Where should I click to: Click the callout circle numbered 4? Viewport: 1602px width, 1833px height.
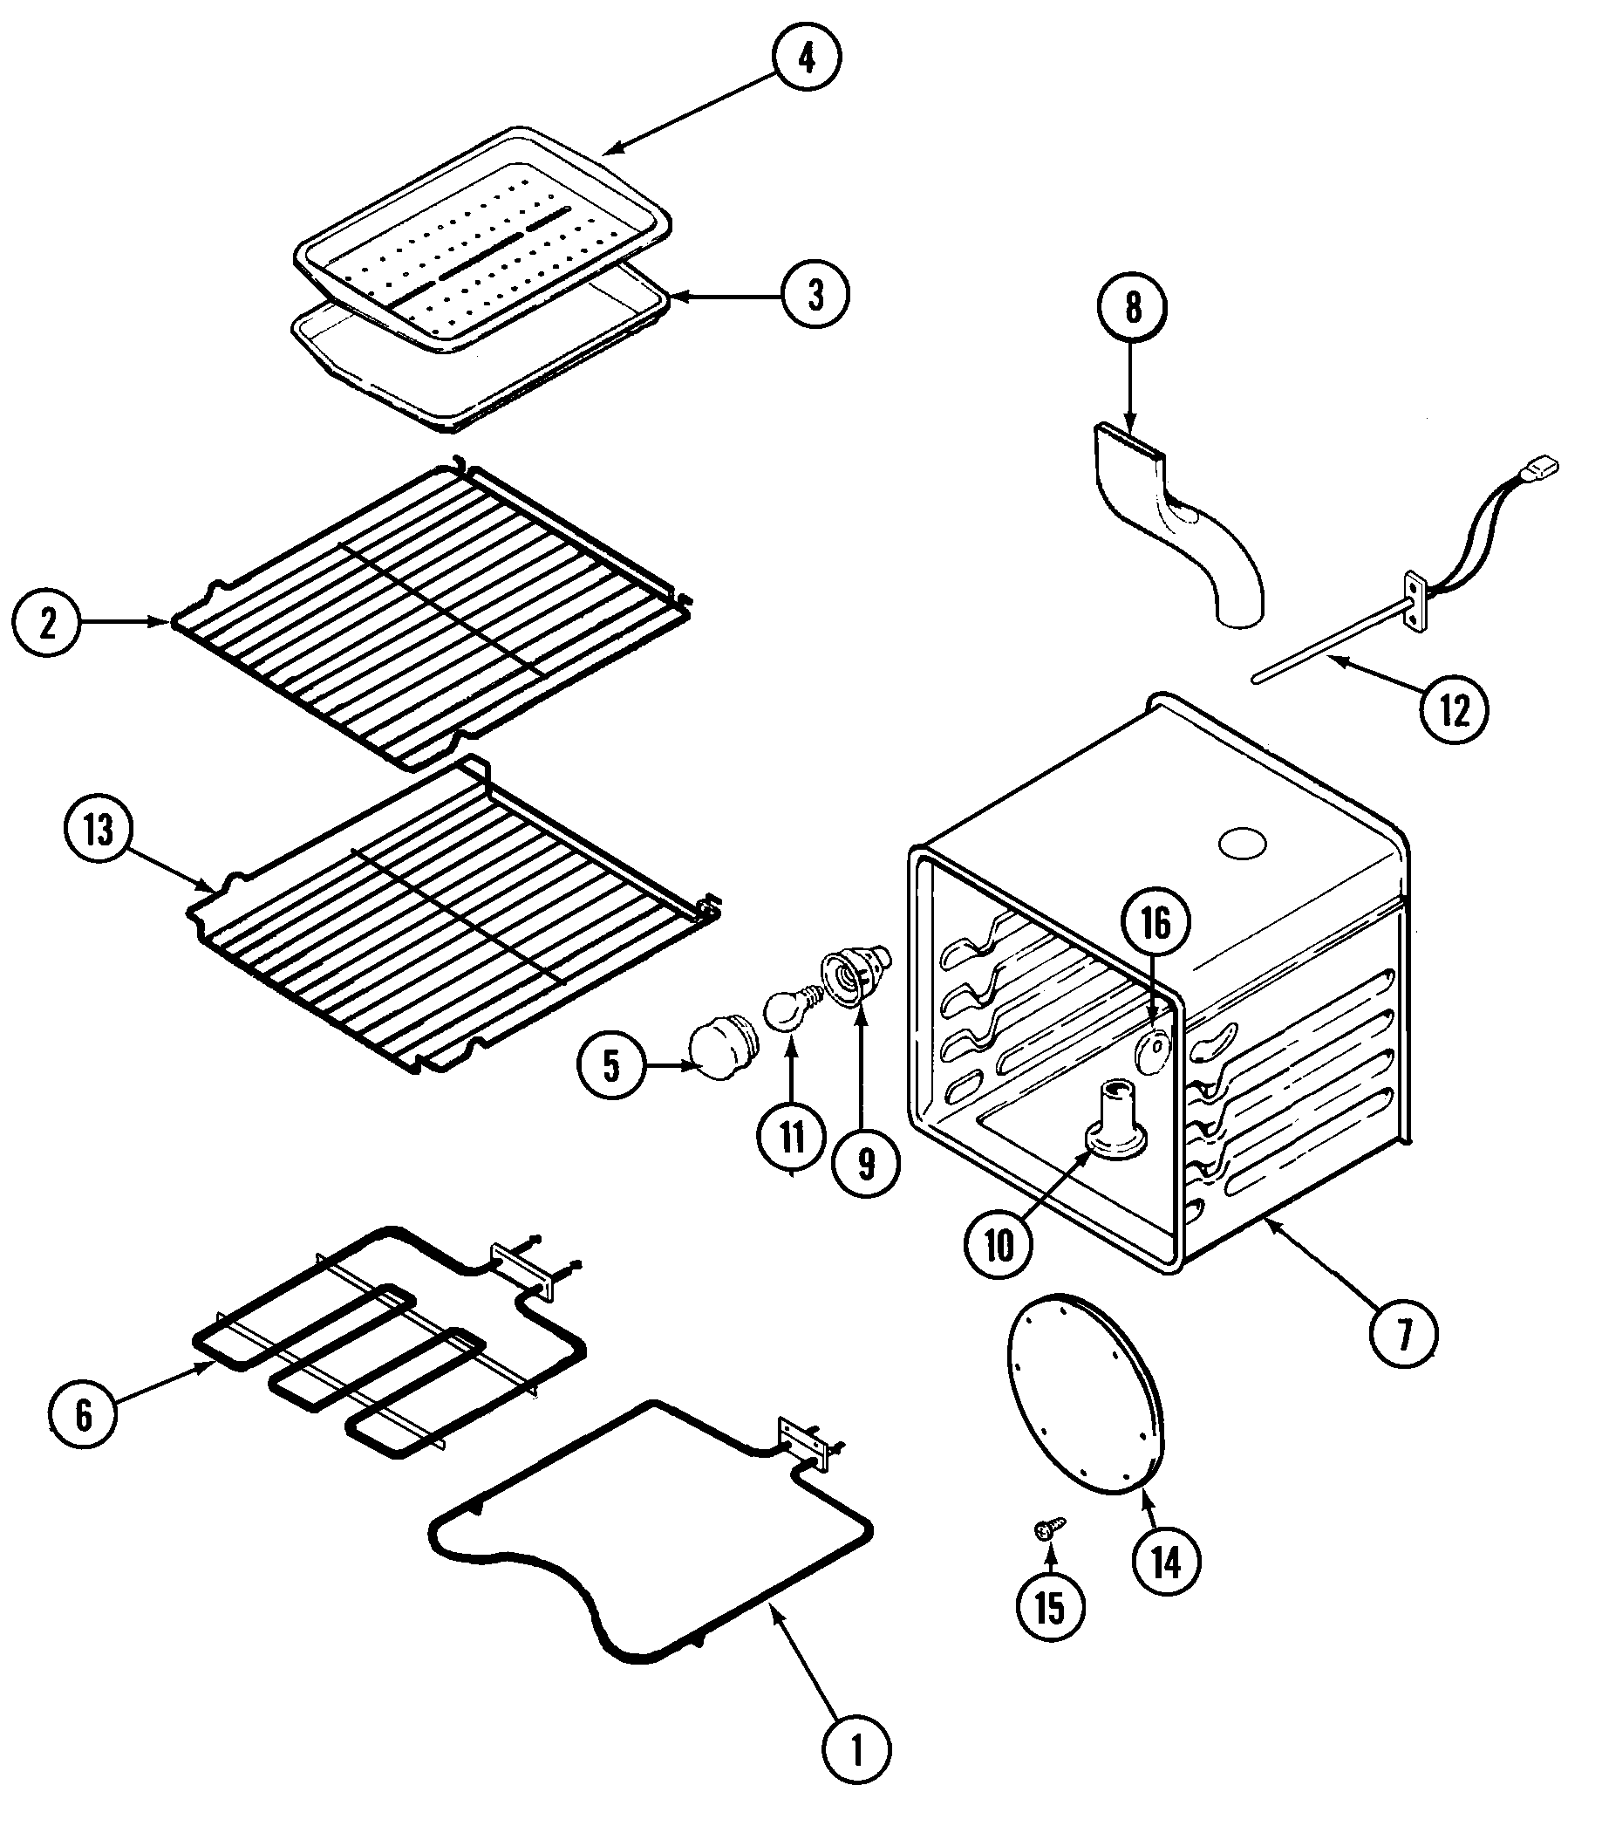(808, 58)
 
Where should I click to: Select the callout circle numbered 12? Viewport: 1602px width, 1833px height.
(1455, 710)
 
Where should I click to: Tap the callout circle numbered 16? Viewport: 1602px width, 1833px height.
(1155, 924)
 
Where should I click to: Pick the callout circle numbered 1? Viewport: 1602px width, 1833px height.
(856, 1750)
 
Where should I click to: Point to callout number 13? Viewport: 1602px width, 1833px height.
(99, 830)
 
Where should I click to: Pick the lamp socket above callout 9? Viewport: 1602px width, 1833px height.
(856, 976)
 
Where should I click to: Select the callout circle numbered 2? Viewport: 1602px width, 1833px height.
(46, 622)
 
